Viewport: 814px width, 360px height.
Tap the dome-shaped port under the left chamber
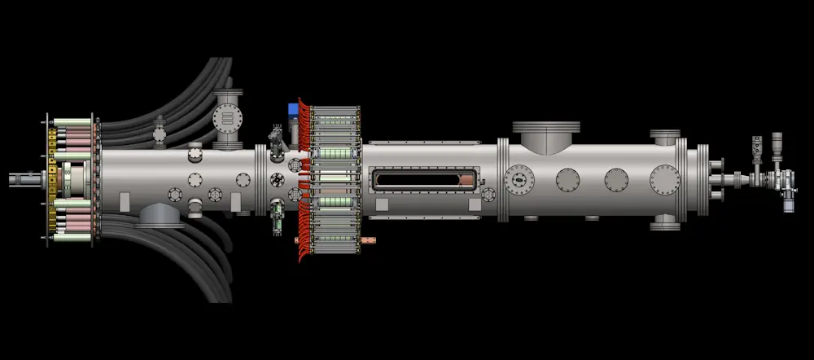[159, 216]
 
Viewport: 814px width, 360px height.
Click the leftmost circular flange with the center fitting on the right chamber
[519, 178]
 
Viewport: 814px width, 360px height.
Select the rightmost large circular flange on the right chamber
[665, 178]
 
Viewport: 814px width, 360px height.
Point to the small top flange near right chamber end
[665, 137]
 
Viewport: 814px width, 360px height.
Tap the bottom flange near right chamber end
[665, 222]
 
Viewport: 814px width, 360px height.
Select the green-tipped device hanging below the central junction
[278, 215]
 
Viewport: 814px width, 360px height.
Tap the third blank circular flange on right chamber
[617, 178]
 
